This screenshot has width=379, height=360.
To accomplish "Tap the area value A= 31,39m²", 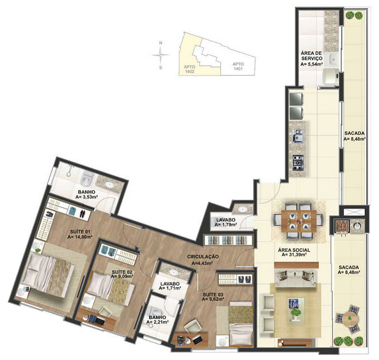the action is point(294,254).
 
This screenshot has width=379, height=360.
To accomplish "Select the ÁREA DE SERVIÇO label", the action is point(311,56).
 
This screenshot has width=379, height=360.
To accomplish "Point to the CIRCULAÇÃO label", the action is point(203,256).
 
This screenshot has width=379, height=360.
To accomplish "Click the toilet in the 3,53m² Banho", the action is point(86,178).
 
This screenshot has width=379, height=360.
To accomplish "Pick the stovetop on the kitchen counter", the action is point(298,163).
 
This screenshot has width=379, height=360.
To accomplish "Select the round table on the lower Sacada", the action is point(350,318).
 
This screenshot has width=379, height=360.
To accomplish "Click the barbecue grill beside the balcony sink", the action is point(341,226).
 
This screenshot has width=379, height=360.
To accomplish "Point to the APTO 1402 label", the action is point(189,69).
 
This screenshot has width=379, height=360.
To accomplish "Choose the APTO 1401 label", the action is point(238,67).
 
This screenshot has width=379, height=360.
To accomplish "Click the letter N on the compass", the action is point(160,43).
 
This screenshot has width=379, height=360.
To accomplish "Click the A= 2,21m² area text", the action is point(157,322).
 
